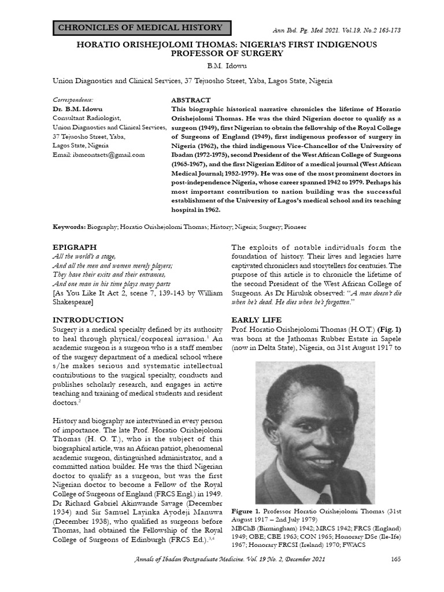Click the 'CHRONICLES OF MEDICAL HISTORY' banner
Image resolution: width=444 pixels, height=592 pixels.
(141, 28)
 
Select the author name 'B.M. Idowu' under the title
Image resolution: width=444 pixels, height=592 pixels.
(222, 66)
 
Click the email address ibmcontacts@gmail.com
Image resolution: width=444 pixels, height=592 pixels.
(99, 155)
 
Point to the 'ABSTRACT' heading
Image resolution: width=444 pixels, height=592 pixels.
(191, 100)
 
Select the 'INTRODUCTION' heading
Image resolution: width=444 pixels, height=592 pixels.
(88, 320)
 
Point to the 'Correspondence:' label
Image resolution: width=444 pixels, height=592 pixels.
(72, 100)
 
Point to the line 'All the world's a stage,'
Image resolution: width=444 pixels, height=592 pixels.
(84, 256)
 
